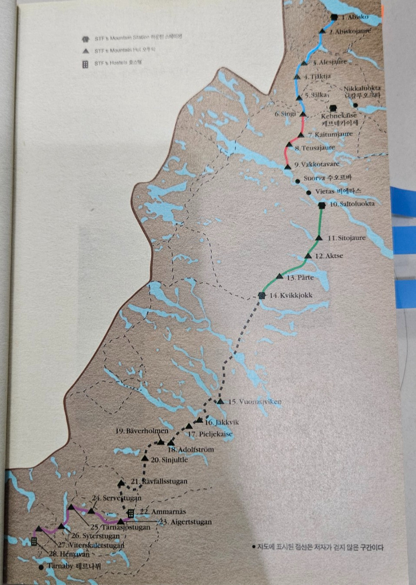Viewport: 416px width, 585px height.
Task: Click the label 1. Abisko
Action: click(355, 17)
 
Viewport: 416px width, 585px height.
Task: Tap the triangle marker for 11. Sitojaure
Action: click(319, 238)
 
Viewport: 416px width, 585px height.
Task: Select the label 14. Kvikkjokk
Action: click(291, 296)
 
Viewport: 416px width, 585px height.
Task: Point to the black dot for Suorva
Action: click(297, 181)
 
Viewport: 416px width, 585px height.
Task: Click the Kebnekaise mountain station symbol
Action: click(334, 108)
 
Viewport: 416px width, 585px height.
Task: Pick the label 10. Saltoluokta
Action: click(352, 204)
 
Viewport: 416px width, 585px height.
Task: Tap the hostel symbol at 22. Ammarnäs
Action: click(131, 513)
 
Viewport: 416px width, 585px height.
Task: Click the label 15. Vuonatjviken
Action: click(255, 402)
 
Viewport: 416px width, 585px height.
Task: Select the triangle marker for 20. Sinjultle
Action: click(145, 458)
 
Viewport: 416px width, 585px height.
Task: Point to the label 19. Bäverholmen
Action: click(141, 431)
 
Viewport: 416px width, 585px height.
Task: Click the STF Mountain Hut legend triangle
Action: click(86, 51)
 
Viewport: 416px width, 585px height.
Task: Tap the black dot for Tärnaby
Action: click(41, 567)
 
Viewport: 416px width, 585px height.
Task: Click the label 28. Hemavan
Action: click(69, 554)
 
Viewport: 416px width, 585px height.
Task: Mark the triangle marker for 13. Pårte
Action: click(280, 276)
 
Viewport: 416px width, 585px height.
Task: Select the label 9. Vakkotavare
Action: click(316, 164)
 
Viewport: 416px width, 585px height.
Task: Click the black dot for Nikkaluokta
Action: click(356, 105)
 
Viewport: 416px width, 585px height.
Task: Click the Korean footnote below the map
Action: click(318, 547)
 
